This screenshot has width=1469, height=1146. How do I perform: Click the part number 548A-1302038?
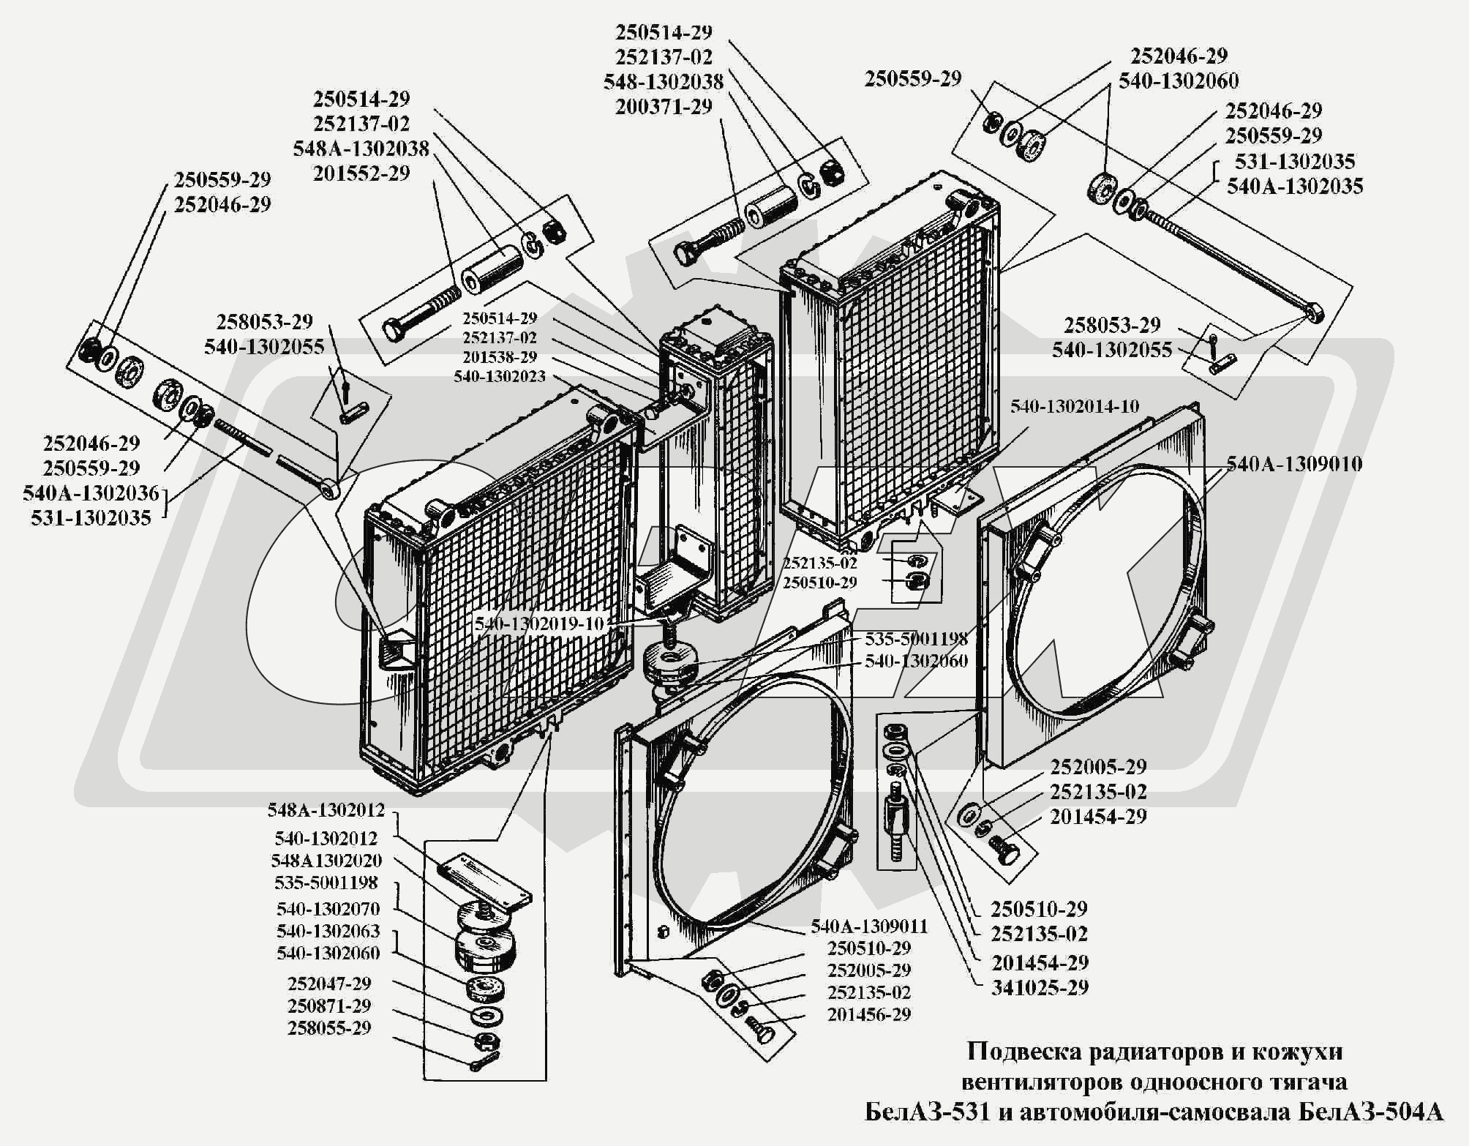pyautogui.click(x=361, y=149)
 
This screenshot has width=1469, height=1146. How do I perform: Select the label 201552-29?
pyautogui.click(x=361, y=174)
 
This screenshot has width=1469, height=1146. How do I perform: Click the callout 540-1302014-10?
pyautogui.click(x=1075, y=407)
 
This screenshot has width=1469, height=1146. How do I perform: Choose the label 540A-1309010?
pyautogui.click(x=1294, y=464)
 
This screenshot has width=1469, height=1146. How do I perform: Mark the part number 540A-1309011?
pyautogui.click(x=869, y=926)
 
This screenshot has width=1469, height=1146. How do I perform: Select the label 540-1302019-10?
pyautogui.click(x=540, y=624)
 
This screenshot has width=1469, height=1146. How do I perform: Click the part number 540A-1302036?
pyautogui.click(x=91, y=493)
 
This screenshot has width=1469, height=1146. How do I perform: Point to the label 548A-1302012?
pyautogui.click(x=326, y=811)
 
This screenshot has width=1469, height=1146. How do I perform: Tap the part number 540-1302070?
pyautogui.click(x=328, y=909)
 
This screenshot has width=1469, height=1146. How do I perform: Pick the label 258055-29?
pyautogui.click(x=329, y=1028)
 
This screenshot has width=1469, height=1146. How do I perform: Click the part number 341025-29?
pyautogui.click(x=1040, y=988)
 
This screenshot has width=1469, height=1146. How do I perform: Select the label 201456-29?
pyautogui.click(x=869, y=1015)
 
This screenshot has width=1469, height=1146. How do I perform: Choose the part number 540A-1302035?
pyautogui.click(x=1295, y=187)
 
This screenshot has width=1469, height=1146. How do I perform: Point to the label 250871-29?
pyautogui.click(x=329, y=1006)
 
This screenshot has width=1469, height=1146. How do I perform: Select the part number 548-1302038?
pyautogui.click(x=664, y=82)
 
